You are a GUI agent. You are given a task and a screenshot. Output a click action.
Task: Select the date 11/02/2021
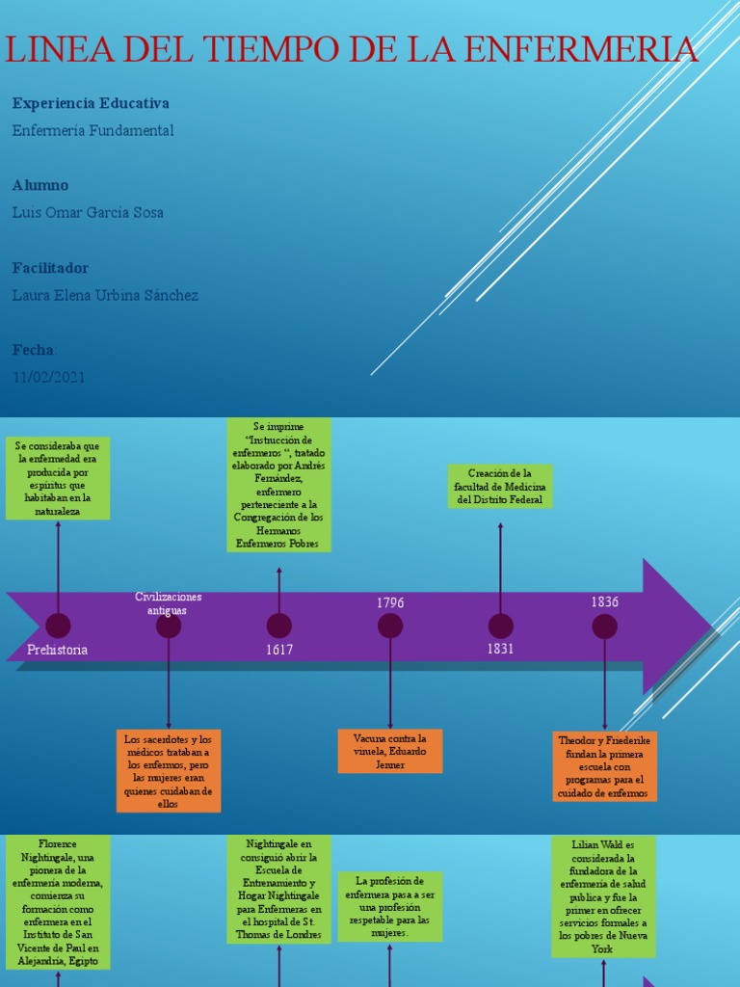coord(48,378)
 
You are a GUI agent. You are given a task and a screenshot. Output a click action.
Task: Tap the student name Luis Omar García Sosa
coord(88,212)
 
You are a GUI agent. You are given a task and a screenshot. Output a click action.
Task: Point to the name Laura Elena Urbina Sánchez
coord(105,295)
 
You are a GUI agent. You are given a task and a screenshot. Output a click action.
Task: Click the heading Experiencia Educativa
coord(91,102)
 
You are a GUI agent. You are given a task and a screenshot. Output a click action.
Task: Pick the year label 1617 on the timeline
coord(279,650)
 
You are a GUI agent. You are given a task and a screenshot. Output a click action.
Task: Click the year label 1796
coord(390,602)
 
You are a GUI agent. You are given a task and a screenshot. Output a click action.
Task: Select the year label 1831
coord(500,649)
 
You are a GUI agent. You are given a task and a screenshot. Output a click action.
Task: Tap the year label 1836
coord(605,601)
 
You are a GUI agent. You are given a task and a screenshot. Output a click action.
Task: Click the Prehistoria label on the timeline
coord(58,650)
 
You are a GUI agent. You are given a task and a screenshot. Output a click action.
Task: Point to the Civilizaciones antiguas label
coord(169,603)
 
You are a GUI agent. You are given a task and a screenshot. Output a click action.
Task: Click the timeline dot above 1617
coord(279,626)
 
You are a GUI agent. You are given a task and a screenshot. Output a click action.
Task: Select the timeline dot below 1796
coord(390,626)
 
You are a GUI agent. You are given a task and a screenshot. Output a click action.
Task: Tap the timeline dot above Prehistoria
coord(58,626)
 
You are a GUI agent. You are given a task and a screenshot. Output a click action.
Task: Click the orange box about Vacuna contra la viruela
coord(390,751)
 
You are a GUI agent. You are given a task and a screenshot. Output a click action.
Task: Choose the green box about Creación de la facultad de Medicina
coord(500,487)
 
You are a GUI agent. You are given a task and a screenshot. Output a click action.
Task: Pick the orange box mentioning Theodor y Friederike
coord(605,766)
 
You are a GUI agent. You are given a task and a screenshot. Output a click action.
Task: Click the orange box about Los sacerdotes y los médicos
coord(168,771)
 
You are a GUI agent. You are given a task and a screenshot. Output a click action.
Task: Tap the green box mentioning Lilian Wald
coord(603,896)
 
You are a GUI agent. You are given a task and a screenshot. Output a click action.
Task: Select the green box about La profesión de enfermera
coord(390,907)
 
